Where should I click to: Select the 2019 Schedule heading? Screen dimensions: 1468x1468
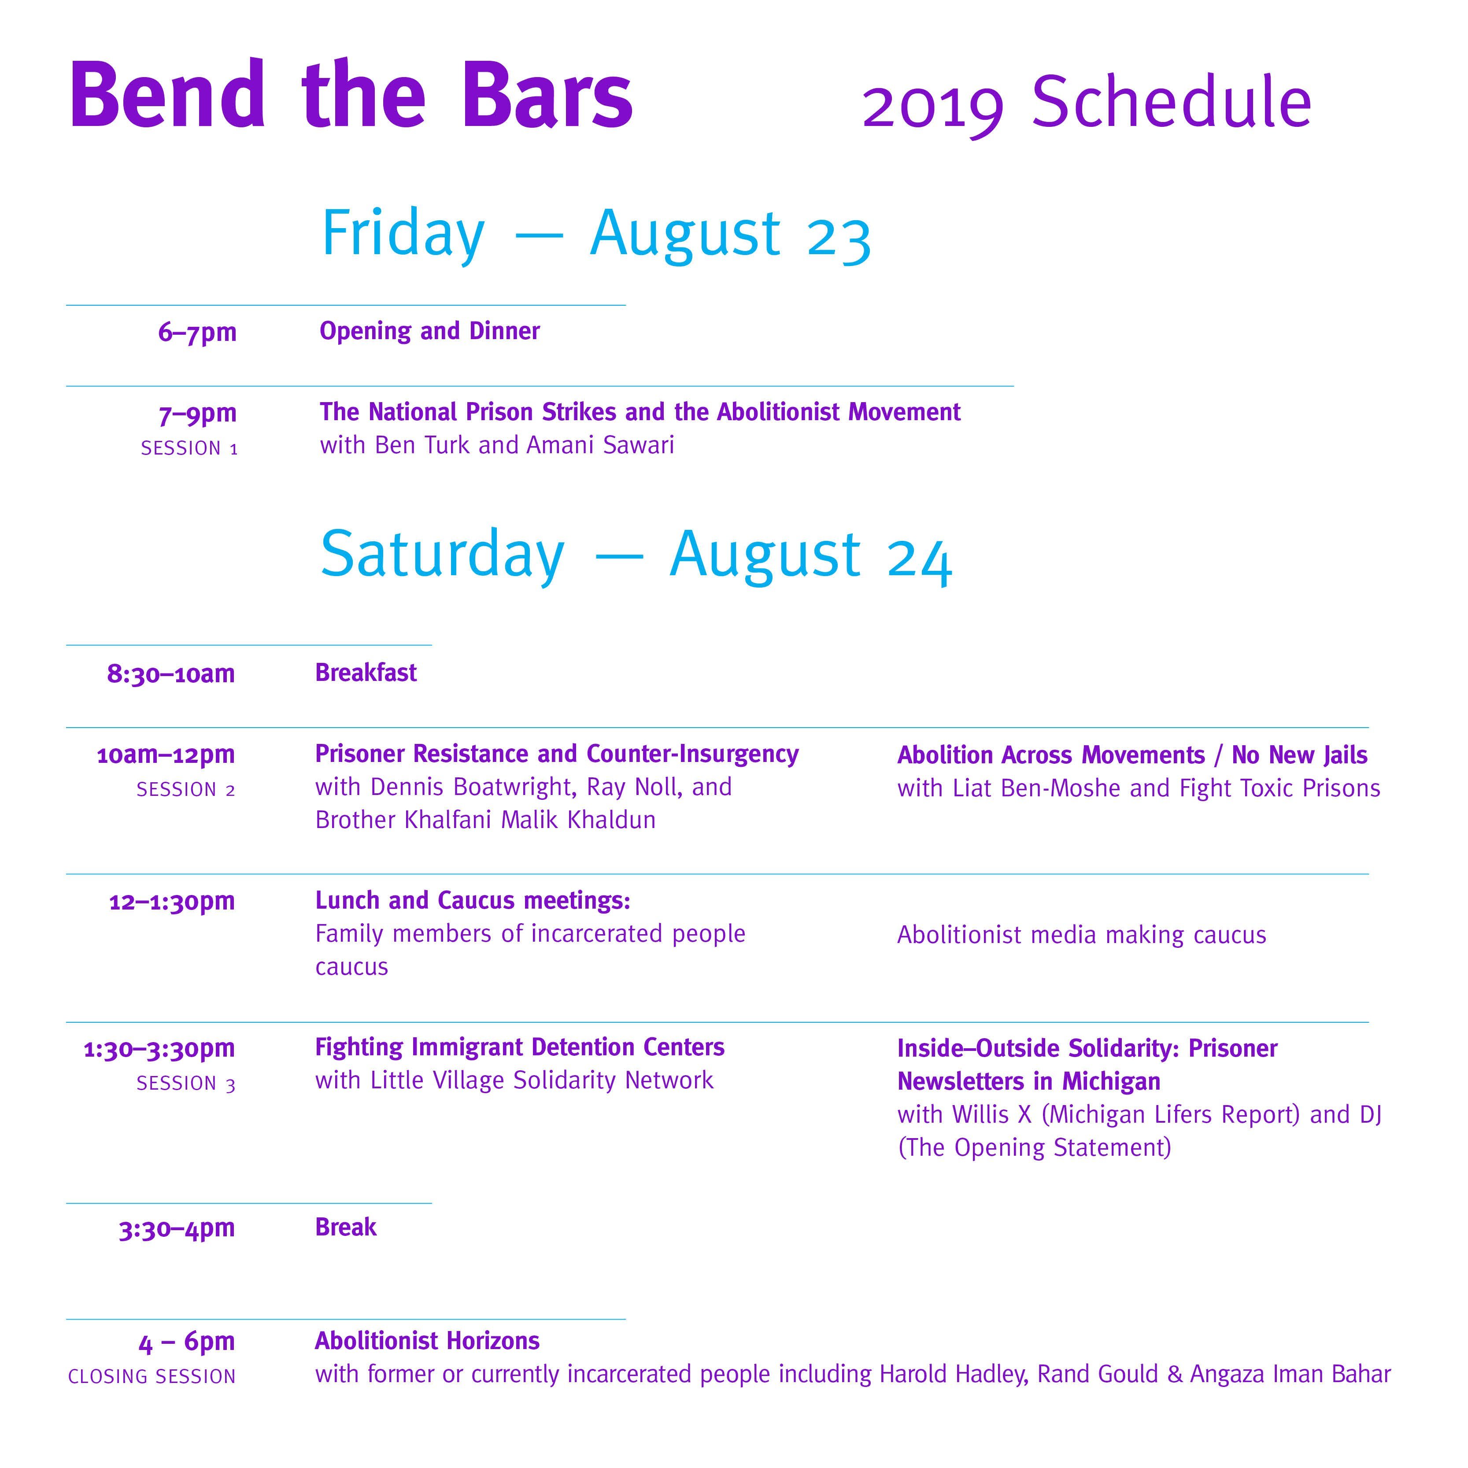click(1087, 104)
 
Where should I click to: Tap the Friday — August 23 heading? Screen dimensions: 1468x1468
click(596, 235)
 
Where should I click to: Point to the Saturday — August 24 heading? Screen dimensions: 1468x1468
click(636, 555)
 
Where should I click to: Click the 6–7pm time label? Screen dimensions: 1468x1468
click(198, 333)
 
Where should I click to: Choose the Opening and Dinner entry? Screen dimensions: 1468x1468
click(429, 331)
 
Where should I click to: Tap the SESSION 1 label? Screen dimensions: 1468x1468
click(189, 448)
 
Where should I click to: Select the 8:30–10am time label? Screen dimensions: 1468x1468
click(171, 674)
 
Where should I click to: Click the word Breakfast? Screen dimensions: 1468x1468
click(366, 673)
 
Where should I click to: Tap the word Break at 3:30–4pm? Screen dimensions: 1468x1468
click(346, 1227)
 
